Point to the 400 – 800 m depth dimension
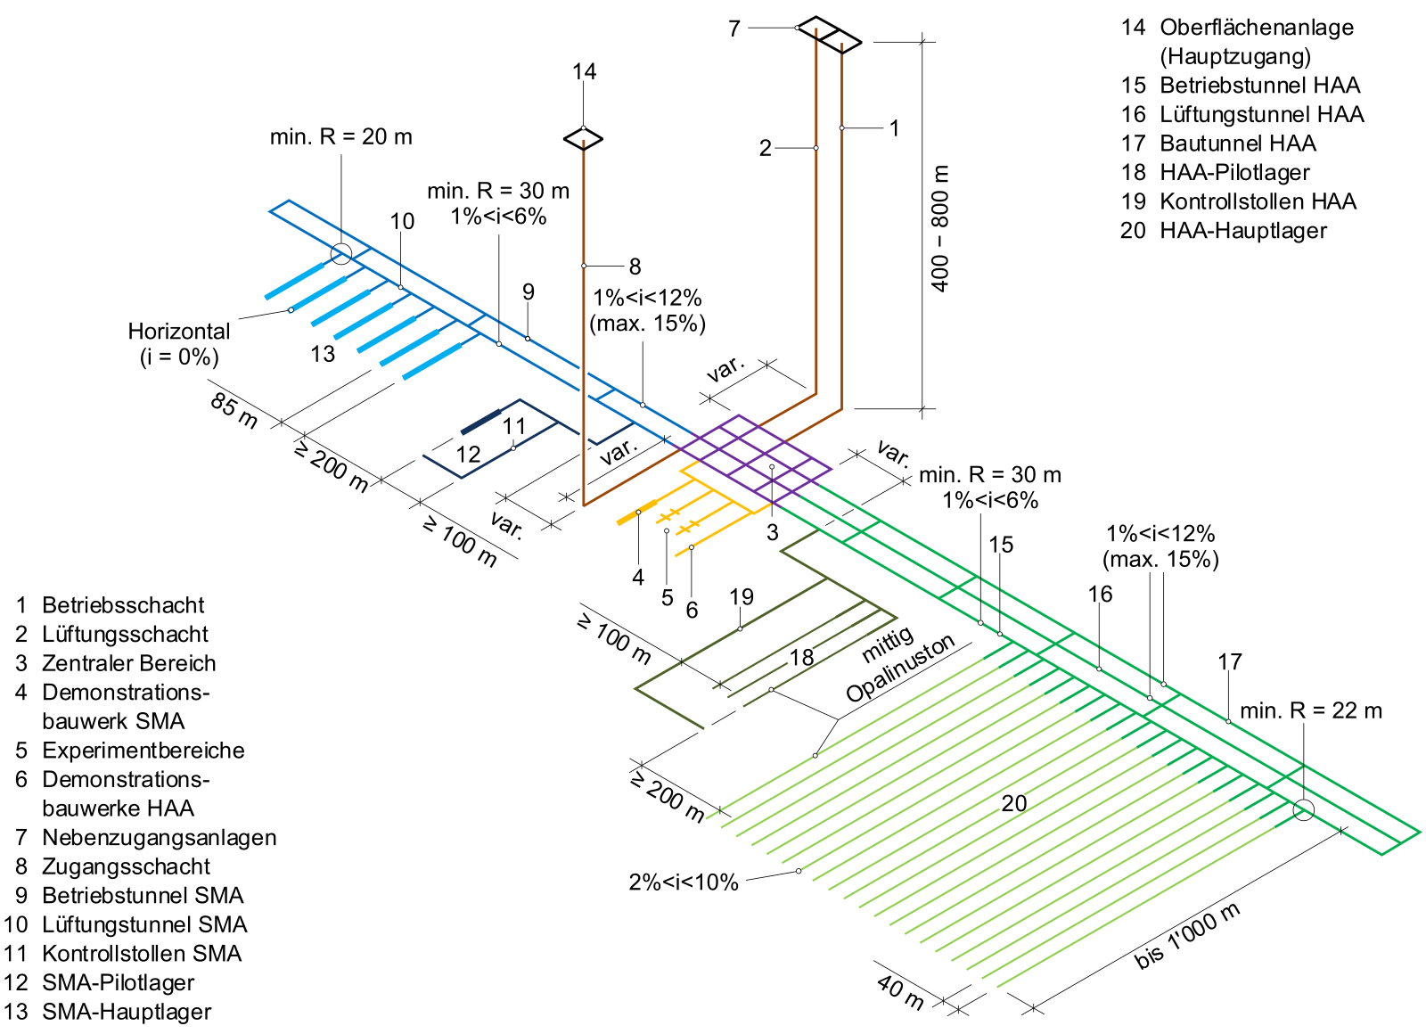click(x=940, y=228)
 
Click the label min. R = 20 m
click(x=340, y=137)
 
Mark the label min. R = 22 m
click(x=1310, y=711)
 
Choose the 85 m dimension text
click(x=234, y=410)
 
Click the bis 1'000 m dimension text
click(x=1187, y=936)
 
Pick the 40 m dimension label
click(x=900, y=991)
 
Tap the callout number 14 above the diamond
click(x=584, y=72)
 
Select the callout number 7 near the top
click(x=733, y=29)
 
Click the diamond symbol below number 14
click(x=583, y=138)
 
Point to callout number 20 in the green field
click(x=1013, y=804)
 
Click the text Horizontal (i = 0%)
click(x=178, y=344)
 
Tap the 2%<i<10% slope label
click(x=684, y=882)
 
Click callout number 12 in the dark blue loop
click(x=468, y=455)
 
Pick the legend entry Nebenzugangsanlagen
click(x=159, y=838)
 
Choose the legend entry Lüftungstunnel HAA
click(x=1261, y=115)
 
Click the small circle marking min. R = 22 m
click(x=1303, y=810)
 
